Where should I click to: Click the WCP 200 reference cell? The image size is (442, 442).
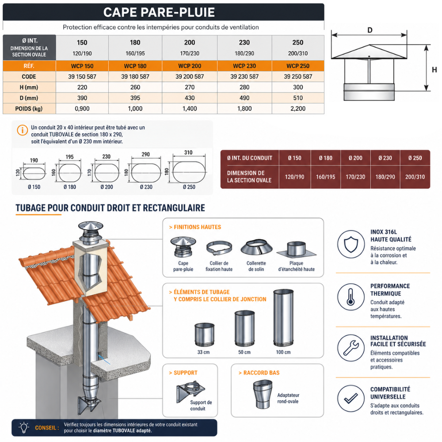coord(190,66)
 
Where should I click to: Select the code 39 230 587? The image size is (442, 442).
coord(244,76)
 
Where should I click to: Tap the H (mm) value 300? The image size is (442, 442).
coord(298,88)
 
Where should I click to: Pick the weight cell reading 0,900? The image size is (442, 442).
coord(82,109)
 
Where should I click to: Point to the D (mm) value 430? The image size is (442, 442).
coord(190,98)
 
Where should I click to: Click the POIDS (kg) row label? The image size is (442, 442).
coord(29,109)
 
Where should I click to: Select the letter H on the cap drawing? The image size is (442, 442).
coord(434,70)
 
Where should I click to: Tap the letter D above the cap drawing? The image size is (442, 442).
coord(370,30)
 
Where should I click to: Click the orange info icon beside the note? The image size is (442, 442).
coord(22,130)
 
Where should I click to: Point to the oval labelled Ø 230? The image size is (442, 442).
coord(146,172)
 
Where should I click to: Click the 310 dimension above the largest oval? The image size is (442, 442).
coord(188,152)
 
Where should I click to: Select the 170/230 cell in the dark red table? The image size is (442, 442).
coord(355,177)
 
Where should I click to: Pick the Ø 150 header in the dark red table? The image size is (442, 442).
coord(294,158)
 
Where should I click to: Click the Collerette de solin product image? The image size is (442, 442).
coord(256,248)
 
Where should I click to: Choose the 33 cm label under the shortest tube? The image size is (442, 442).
coord(203,352)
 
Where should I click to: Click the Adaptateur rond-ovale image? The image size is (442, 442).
coord(263,394)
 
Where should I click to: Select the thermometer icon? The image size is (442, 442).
coord(351,297)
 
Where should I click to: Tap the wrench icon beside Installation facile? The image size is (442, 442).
coord(351,348)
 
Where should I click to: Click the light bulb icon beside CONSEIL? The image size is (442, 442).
coord(24,427)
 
